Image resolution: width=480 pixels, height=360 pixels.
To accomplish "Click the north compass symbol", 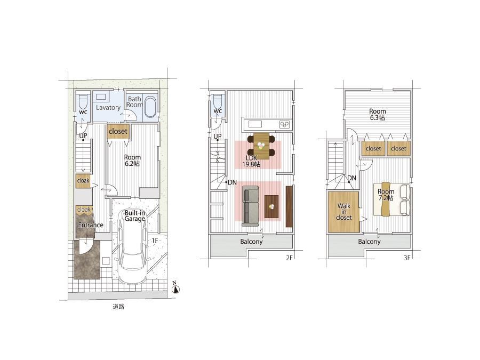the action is (175, 287).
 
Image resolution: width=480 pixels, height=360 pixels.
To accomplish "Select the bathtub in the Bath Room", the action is (150, 107).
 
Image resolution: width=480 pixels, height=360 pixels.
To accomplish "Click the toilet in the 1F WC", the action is (83, 102).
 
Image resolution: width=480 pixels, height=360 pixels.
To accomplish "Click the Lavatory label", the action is (108, 107).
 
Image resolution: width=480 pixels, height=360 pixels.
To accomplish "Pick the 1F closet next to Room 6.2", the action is (118, 132).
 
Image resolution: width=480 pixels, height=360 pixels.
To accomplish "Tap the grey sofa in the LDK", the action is (251, 206).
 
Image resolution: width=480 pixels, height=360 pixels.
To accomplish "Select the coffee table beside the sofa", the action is (271, 206).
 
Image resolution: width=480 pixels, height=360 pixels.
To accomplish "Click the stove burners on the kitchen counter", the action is (284, 124).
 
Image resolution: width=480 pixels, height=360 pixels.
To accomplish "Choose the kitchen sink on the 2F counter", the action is (255, 124).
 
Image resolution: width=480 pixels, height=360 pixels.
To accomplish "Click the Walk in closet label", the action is (344, 212).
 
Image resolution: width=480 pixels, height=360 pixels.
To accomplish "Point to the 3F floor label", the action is (407, 258).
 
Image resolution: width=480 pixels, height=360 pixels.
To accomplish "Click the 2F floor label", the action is (289, 258).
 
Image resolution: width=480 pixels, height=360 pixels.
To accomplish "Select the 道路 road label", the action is (118, 306).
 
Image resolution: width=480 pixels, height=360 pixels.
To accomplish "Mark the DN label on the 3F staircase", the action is (352, 178).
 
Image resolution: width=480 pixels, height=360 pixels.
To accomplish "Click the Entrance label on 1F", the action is (91, 225).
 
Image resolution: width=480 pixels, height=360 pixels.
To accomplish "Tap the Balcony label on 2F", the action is (251, 242).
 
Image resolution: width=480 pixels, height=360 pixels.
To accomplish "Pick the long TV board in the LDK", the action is (289, 206).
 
